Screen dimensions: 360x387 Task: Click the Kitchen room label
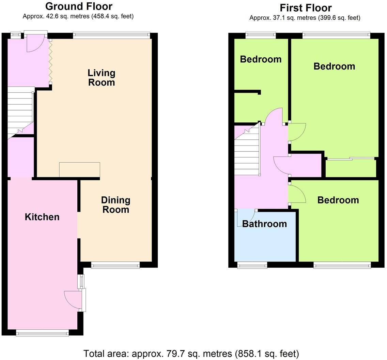click(42, 217)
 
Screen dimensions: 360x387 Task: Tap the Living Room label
click(102, 77)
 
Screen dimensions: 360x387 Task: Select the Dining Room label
click(115, 205)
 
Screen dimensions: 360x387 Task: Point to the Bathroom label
click(264, 224)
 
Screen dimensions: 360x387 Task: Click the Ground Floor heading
click(78, 6)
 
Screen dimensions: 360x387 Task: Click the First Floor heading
click(305, 7)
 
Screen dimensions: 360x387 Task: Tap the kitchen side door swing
click(72, 300)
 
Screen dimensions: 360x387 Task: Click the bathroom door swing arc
click(246, 218)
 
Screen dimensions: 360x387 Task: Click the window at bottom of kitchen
click(43, 333)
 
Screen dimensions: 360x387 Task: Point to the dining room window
click(115, 265)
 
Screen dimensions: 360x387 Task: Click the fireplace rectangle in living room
click(79, 170)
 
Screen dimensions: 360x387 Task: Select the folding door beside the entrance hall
click(50, 61)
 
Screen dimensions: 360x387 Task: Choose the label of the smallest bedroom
click(261, 59)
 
